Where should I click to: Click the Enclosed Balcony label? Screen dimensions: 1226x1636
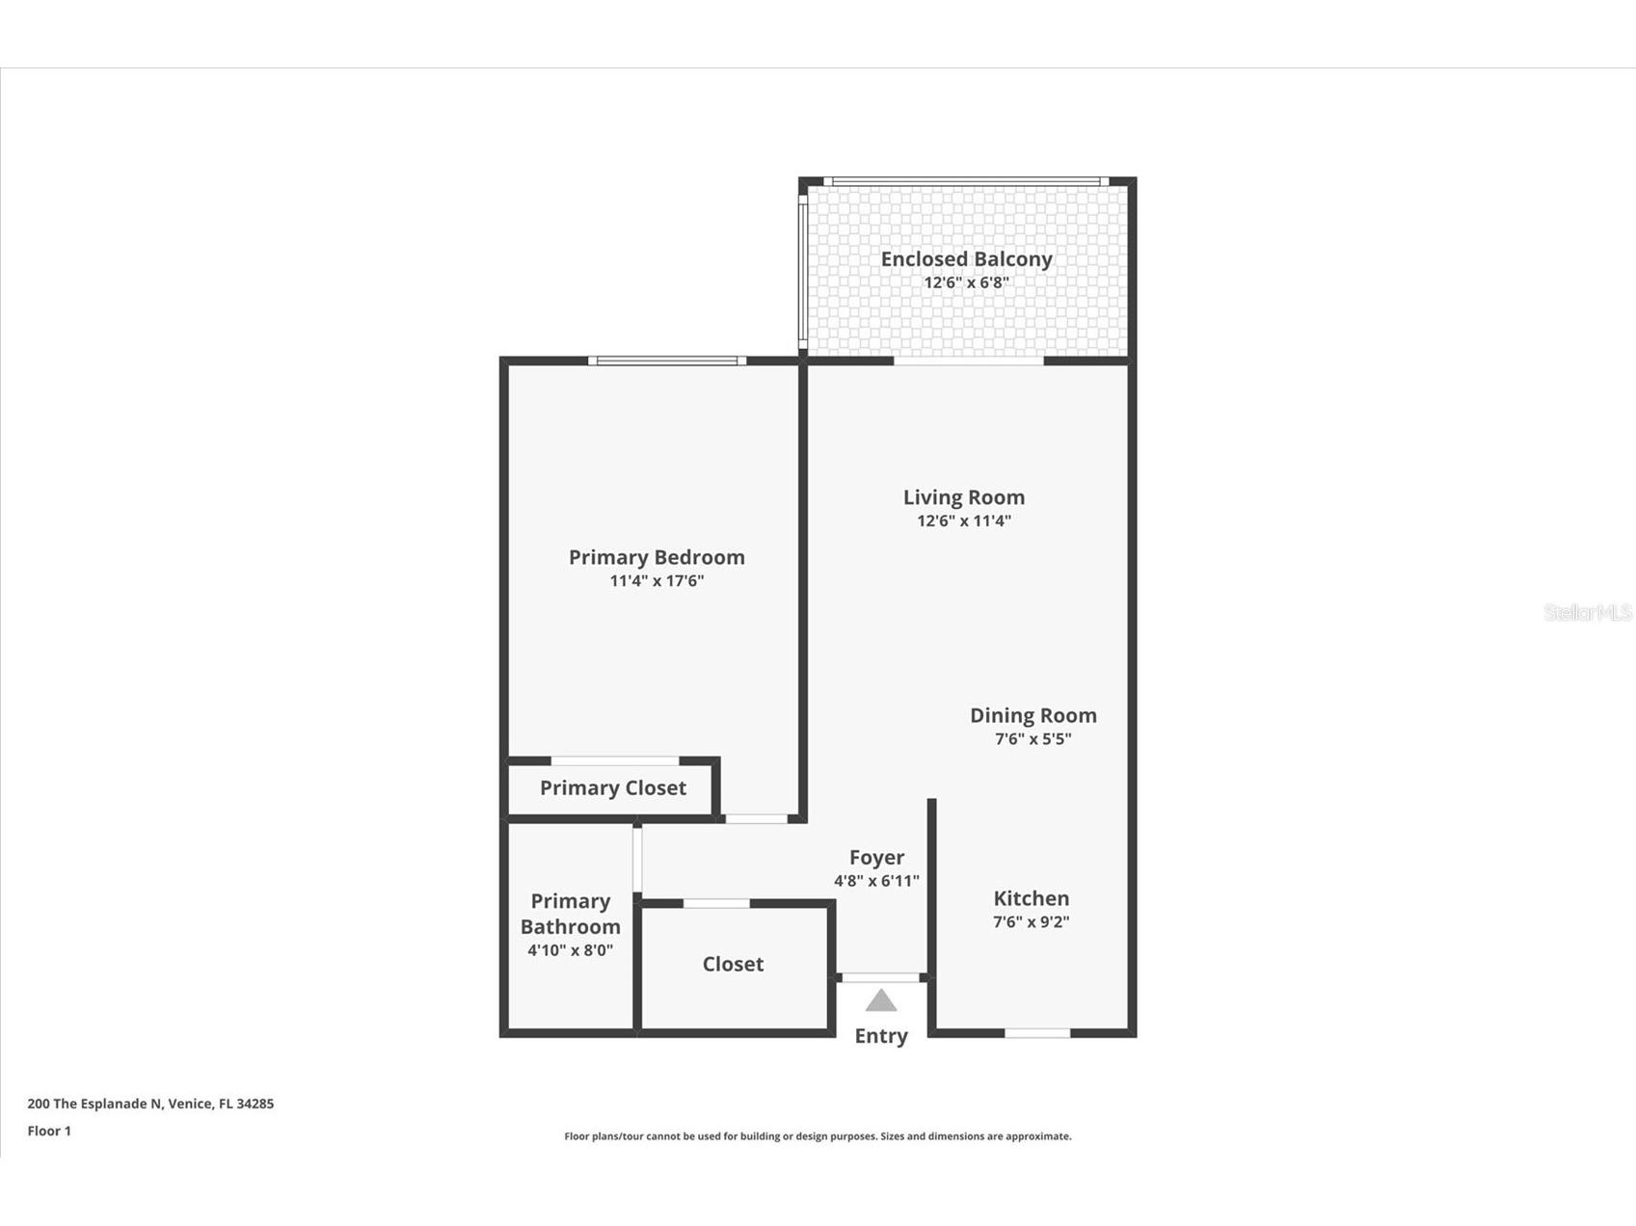(x=966, y=259)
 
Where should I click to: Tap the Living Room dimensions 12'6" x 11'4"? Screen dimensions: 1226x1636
(x=963, y=521)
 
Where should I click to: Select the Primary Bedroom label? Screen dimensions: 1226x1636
(x=657, y=557)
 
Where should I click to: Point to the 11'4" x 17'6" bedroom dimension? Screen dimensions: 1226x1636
(x=657, y=581)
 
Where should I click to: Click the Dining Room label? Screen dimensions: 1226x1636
(x=1033, y=715)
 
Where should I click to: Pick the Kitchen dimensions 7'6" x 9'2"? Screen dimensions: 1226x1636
(x=1031, y=921)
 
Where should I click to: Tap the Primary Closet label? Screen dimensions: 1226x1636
(x=613, y=787)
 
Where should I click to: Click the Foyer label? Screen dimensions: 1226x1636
(x=876, y=857)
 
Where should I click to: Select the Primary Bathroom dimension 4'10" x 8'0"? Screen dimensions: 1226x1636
(x=570, y=950)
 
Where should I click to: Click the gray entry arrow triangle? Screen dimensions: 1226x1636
(x=881, y=1001)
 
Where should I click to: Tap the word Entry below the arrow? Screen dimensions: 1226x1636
(x=881, y=1036)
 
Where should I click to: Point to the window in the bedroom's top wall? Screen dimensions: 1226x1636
(x=667, y=360)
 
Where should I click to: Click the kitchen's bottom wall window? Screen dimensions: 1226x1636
(x=1037, y=1033)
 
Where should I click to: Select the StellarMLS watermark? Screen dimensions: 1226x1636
(x=1588, y=613)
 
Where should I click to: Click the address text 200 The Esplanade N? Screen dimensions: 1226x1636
(x=150, y=1104)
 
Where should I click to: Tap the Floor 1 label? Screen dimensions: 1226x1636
(x=49, y=1131)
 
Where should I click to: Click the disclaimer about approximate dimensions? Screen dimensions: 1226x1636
(x=818, y=1136)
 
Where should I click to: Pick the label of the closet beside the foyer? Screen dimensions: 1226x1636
(x=733, y=964)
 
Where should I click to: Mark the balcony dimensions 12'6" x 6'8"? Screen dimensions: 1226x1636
(x=966, y=283)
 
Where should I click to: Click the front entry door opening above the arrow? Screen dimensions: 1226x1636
(x=881, y=977)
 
